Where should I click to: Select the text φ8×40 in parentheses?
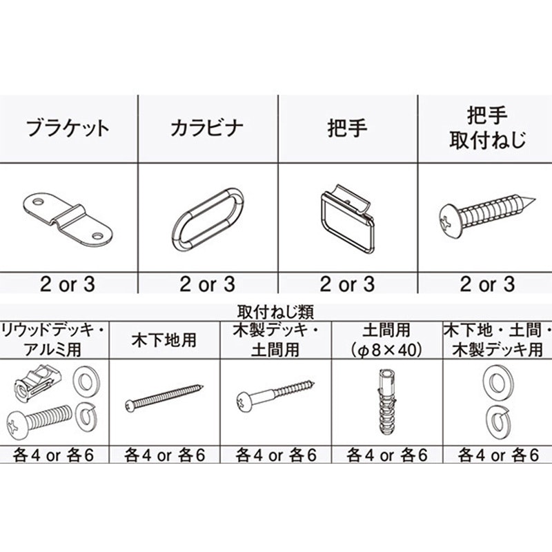tap(386, 350)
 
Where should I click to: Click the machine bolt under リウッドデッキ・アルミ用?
tap(39, 420)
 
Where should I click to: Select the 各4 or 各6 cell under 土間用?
tap(386, 455)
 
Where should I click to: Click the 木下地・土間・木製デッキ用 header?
tap(497, 340)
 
